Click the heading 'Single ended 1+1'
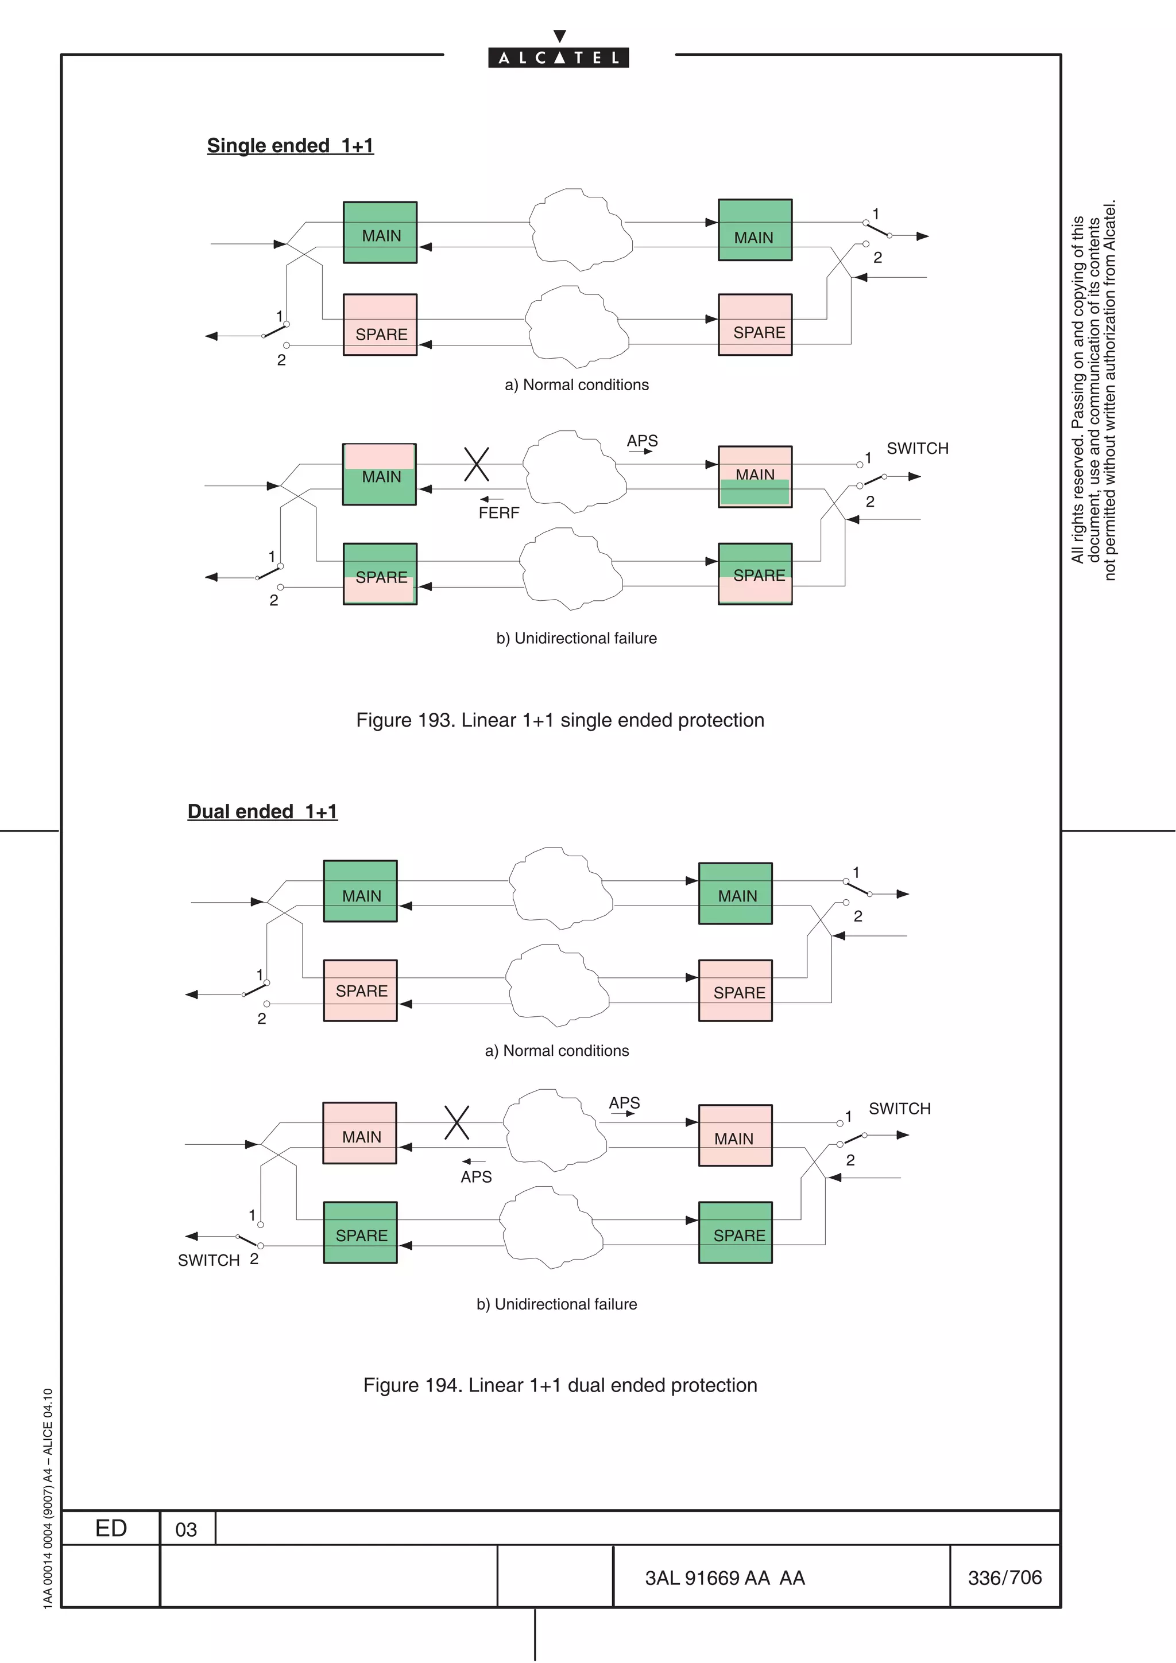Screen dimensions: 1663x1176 point(290,146)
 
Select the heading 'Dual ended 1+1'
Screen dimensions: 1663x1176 point(262,811)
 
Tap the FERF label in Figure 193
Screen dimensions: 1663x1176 point(498,513)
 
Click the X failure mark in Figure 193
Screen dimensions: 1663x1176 point(476,464)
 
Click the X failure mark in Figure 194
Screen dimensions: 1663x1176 point(457,1122)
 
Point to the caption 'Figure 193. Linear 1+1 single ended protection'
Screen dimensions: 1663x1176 point(559,720)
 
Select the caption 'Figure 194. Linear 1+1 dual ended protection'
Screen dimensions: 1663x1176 point(559,1385)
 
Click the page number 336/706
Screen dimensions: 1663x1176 point(1004,1577)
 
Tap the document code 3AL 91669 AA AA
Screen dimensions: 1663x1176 point(725,1577)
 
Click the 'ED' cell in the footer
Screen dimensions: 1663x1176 point(111,1528)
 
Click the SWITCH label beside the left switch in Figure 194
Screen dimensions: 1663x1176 point(208,1260)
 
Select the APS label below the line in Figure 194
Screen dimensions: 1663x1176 point(476,1177)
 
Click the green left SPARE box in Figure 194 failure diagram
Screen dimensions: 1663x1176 point(360,1233)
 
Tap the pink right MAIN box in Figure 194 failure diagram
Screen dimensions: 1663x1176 point(735,1135)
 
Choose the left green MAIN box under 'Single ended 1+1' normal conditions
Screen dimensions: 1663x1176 point(380,232)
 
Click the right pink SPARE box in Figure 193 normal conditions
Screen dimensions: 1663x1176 point(755,324)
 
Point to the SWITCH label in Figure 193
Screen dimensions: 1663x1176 point(918,448)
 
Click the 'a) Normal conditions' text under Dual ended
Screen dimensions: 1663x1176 point(556,1050)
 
